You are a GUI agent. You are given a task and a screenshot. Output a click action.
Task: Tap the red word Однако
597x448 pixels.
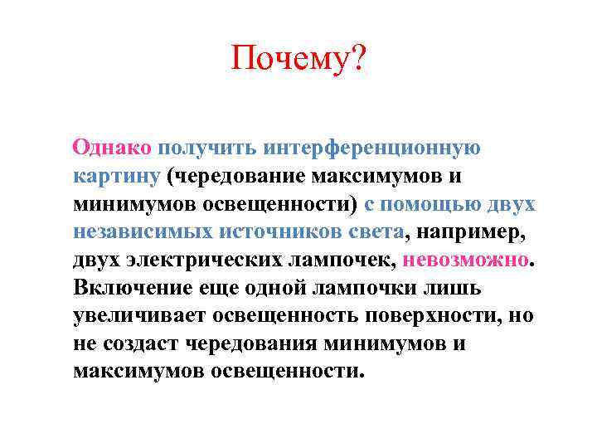coord(112,148)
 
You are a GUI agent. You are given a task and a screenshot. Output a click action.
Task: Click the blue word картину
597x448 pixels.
coord(115,177)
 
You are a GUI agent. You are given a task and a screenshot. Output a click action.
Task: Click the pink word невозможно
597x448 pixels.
coord(464,260)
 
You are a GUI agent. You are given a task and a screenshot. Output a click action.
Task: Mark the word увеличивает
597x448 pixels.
coord(138,315)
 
